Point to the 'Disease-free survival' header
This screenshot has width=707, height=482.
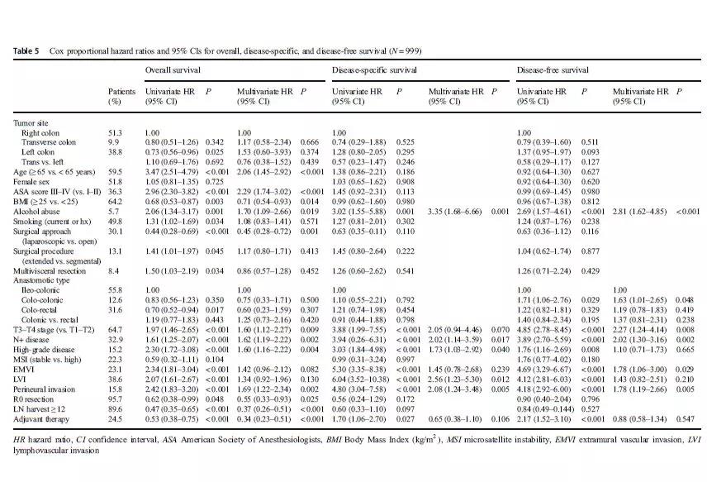(x=553, y=71)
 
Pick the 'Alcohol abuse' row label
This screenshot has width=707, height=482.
(x=38, y=211)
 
